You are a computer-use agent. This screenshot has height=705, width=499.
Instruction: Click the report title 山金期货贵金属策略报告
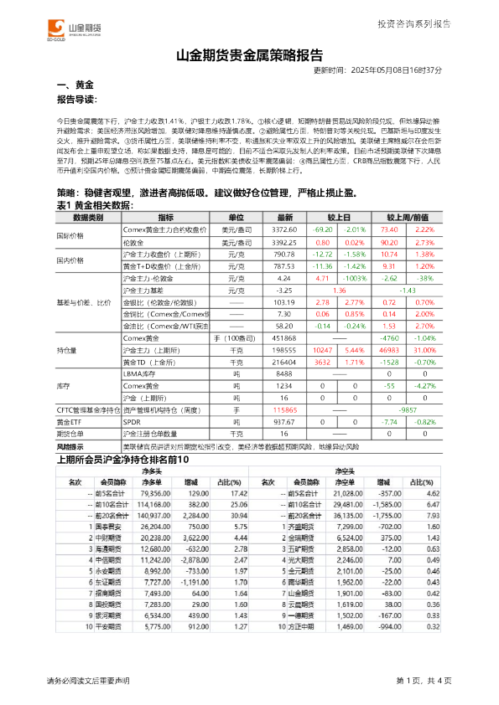249,57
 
